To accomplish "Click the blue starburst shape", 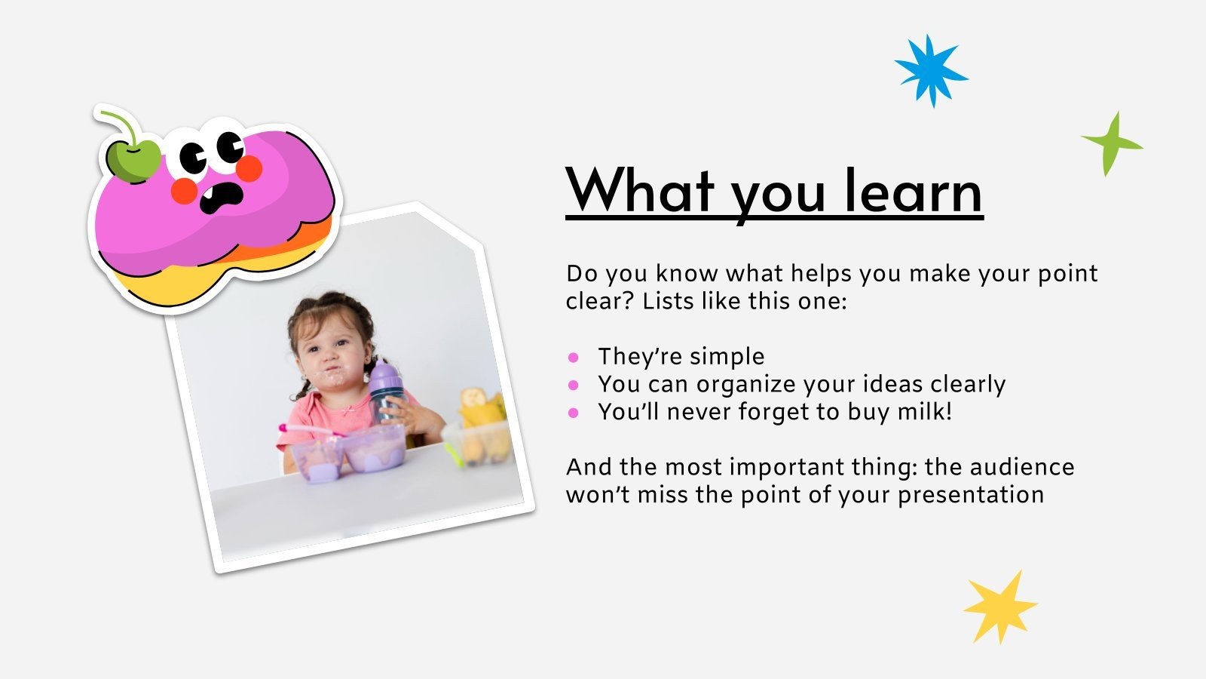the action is point(931,71).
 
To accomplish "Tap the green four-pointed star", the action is point(1111,144).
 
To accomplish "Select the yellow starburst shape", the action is point(1000,607).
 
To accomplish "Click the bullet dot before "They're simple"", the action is point(574,357).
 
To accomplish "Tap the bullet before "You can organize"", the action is point(574,385).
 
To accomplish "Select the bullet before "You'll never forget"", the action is point(574,413).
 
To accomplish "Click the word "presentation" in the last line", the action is point(971,495).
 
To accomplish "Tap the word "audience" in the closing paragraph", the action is point(1022,467).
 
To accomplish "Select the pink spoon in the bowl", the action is point(310,430).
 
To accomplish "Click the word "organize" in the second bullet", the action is point(745,386).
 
